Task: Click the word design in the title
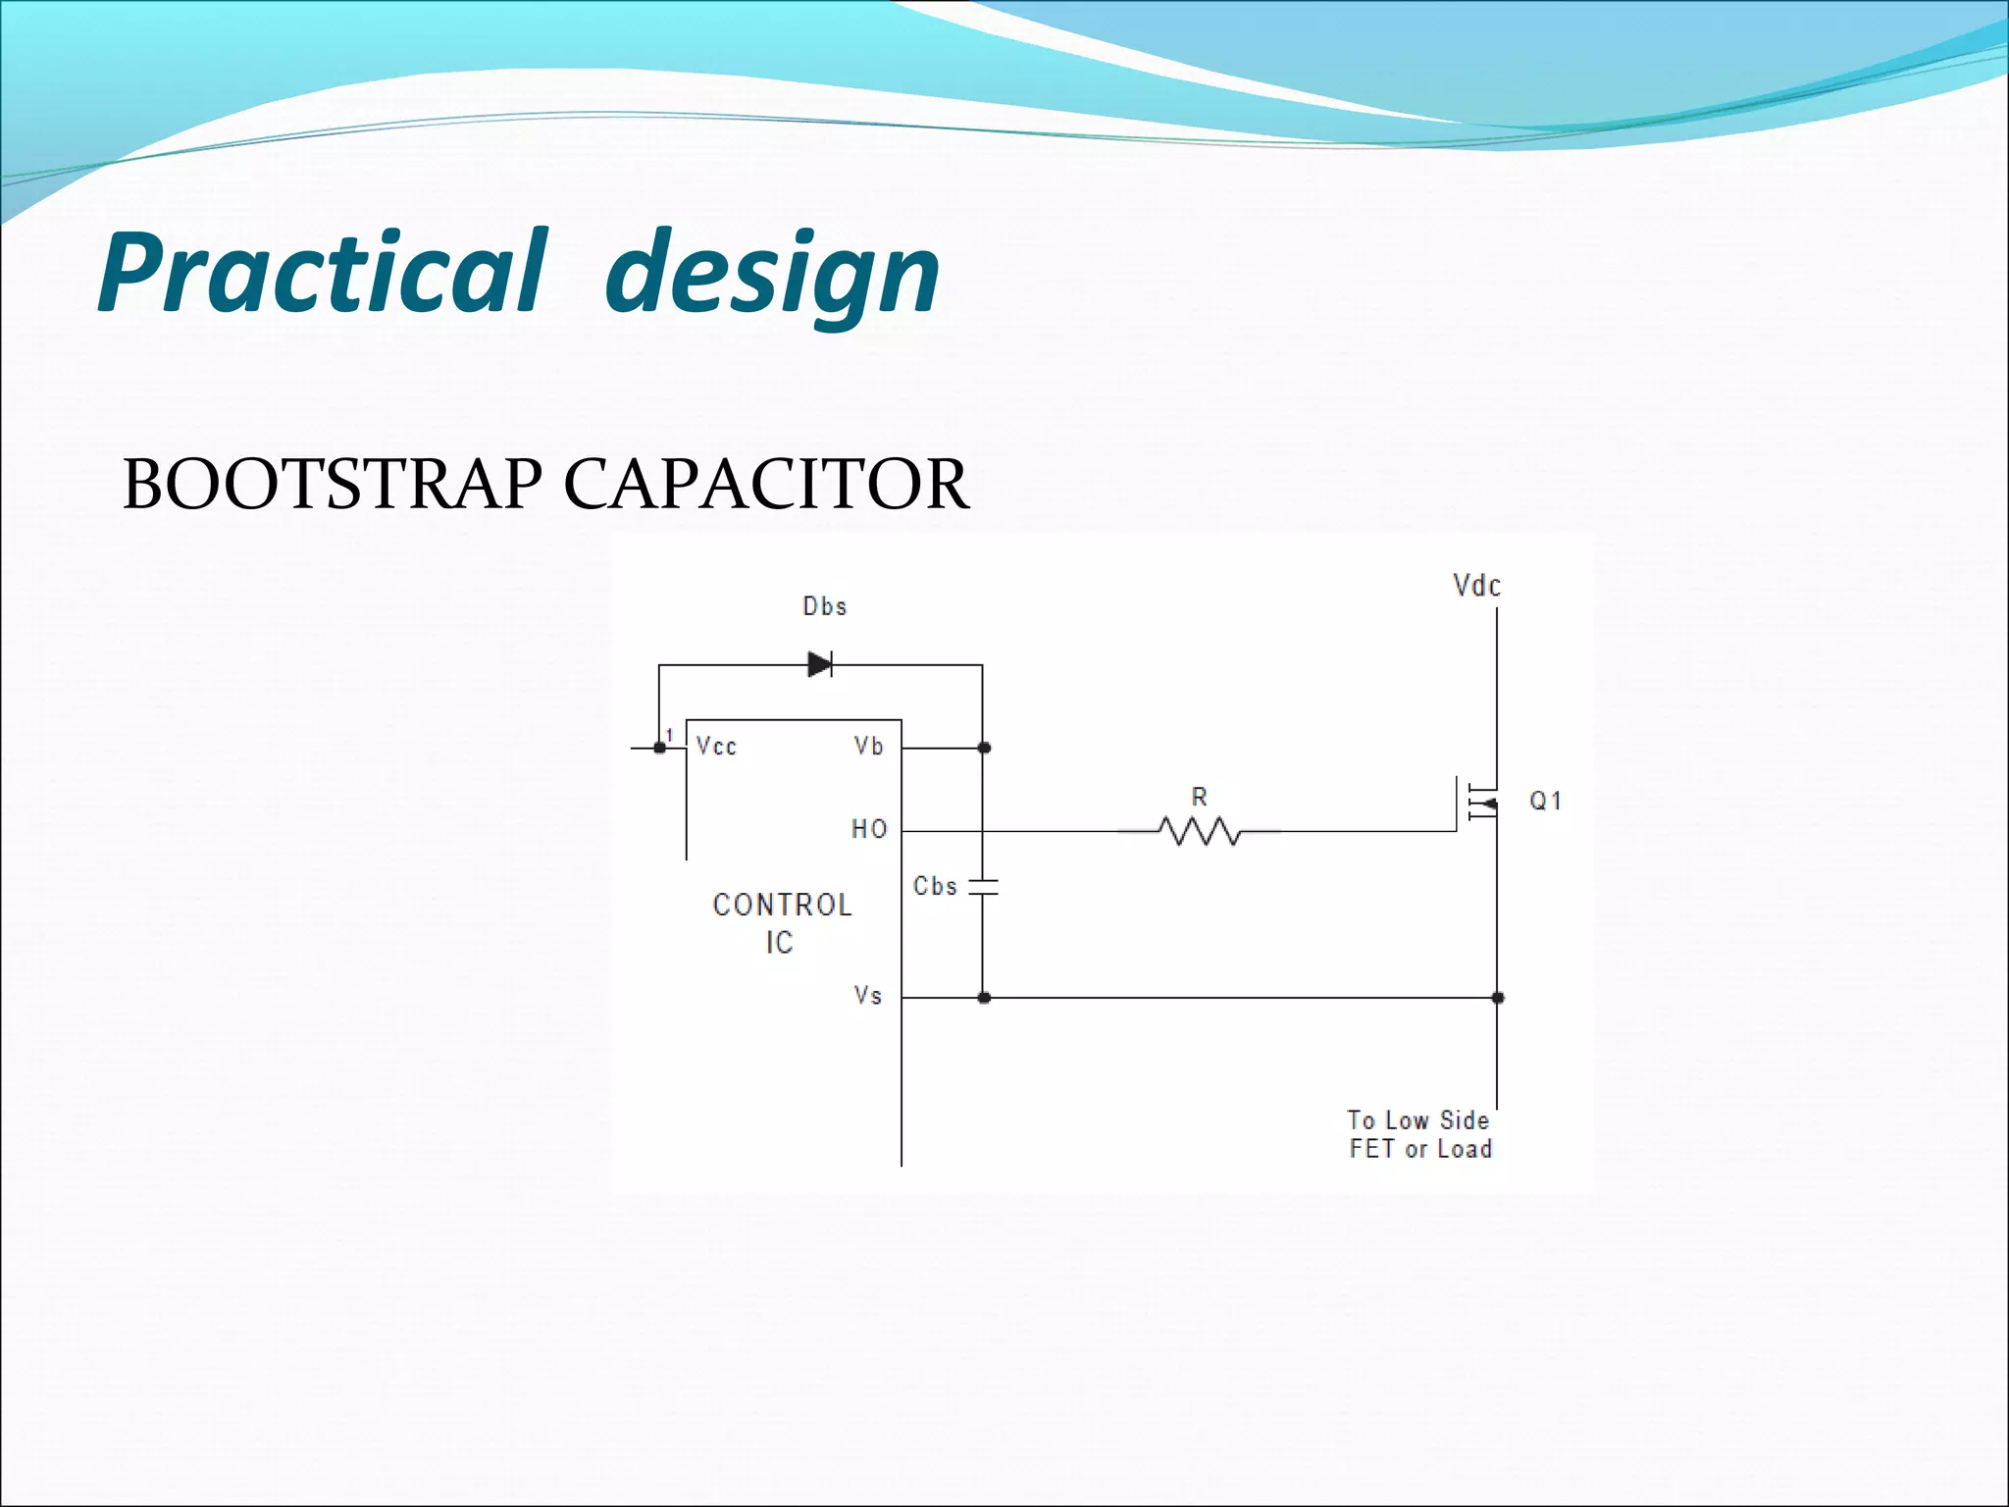(772, 275)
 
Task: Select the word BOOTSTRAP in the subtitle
(333, 485)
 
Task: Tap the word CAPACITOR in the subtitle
(766, 485)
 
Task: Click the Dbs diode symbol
(820, 665)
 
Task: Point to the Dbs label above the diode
(824, 606)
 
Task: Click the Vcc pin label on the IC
(716, 747)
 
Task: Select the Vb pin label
(869, 747)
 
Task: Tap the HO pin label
(869, 830)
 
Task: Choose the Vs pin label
(868, 996)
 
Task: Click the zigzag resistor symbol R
(1199, 832)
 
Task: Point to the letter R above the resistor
(1199, 797)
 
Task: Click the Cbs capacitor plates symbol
(983, 887)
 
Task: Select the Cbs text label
(935, 886)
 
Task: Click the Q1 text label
(1546, 802)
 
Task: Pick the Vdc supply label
(1476, 587)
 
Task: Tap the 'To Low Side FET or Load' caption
(1419, 1135)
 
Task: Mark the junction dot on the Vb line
(985, 748)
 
